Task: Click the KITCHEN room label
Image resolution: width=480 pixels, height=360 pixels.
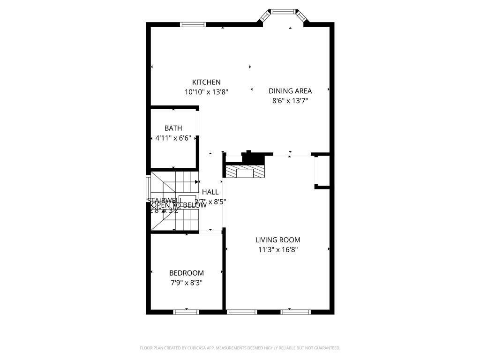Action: (x=206, y=82)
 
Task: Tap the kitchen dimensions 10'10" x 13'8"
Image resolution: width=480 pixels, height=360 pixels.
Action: (x=206, y=92)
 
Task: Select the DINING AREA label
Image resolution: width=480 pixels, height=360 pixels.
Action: (x=290, y=91)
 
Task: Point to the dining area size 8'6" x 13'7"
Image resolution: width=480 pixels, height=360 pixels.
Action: (x=290, y=100)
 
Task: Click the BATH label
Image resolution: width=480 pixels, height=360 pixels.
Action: (x=173, y=128)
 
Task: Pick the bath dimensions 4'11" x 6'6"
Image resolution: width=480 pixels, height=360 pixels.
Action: (x=173, y=138)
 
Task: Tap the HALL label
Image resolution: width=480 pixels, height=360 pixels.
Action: (x=210, y=192)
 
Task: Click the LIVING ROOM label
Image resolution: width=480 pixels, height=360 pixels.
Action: (x=278, y=240)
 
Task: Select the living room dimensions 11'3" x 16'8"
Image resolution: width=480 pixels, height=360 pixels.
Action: (x=278, y=250)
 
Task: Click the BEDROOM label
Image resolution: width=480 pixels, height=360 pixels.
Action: (x=187, y=273)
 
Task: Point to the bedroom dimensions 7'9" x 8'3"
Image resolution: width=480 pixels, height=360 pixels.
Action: (x=187, y=283)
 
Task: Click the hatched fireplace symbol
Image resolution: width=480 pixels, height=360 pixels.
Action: (x=245, y=171)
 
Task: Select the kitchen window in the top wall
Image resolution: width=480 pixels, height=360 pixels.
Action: (x=193, y=24)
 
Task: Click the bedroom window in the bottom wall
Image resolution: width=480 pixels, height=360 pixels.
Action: (x=186, y=312)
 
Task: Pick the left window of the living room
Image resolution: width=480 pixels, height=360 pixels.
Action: (x=242, y=312)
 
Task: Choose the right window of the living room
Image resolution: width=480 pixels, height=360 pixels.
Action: (x=295, y=312)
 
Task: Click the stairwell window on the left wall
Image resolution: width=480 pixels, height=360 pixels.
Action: (x=148, y=192)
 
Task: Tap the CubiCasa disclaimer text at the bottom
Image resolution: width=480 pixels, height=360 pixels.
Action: (x=240, y=348)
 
